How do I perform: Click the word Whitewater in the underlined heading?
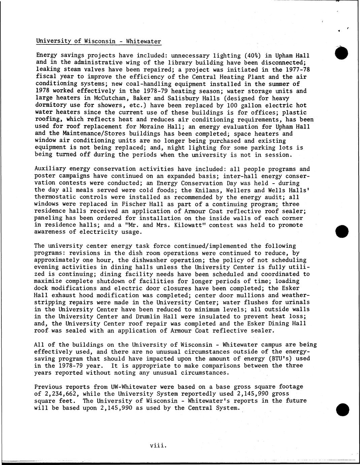(x=143, y=41)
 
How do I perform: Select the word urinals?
(x=296, y=302)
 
